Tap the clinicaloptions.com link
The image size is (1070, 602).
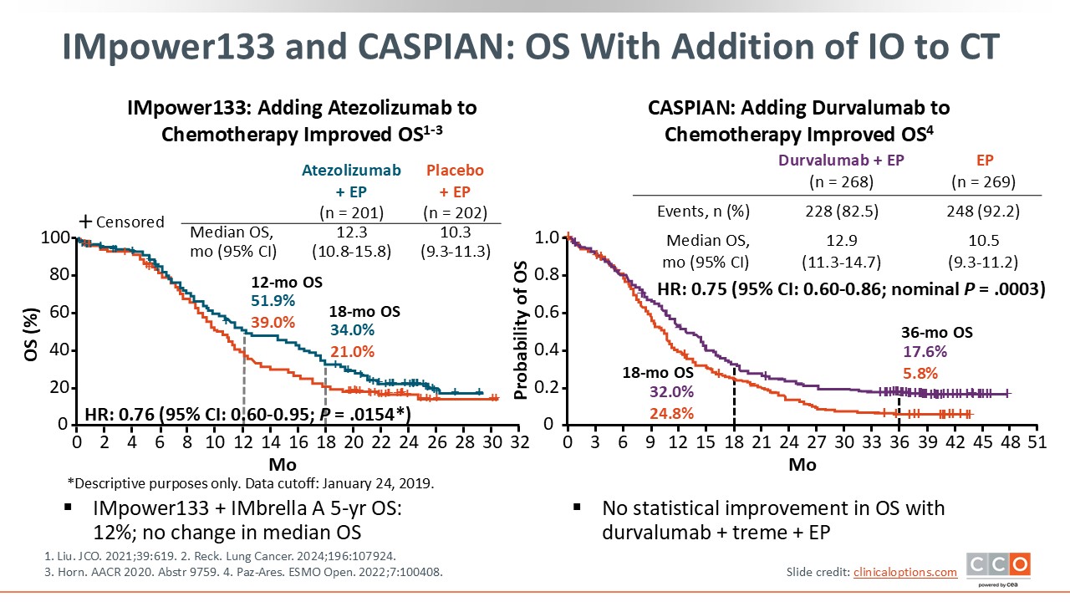[x=905, y=572]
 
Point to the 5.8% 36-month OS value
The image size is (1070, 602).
[x=920, y=373]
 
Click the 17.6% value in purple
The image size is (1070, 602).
[x=920, y=352]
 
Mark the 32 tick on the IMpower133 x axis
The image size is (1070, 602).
[x=519, y=441]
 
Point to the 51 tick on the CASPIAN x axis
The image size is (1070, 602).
[x=1037, y=441]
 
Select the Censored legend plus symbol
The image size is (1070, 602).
[x=85, y=222]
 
